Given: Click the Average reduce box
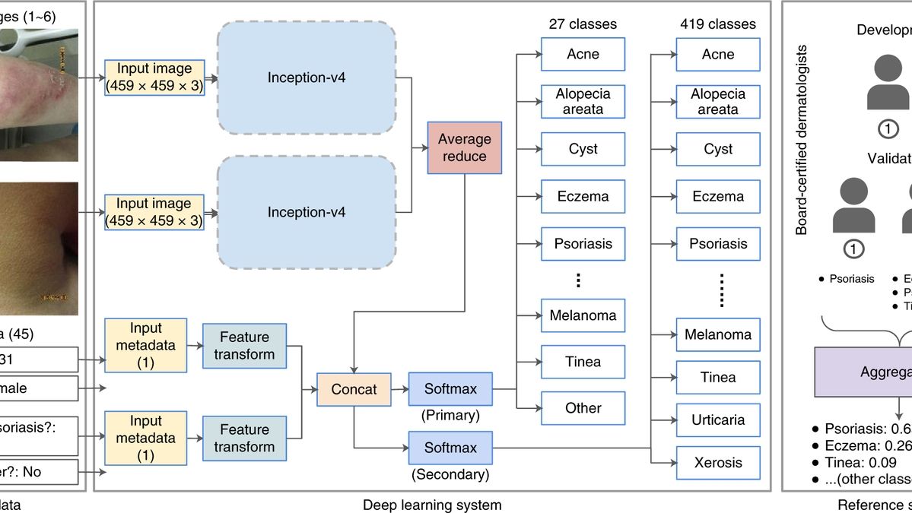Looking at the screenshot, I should (464, 147).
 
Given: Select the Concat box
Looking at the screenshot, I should (354, 389).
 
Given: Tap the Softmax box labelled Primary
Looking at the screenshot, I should (450, 389).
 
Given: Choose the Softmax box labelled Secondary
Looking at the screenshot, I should (450, 448).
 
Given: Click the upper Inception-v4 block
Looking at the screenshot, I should (307, 78).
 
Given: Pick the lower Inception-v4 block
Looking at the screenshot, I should (307, 212).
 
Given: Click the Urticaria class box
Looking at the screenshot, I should (718, 420).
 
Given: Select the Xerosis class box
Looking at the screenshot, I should (718, 462).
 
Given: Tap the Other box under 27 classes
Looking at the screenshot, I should (583, 408).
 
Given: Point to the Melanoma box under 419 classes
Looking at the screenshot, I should (718, 334).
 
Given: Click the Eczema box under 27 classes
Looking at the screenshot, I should (583, 196).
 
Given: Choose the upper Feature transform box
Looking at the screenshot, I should (243, 346).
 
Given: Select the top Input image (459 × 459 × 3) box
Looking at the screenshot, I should (154, 78).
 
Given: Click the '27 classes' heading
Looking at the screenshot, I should (583, 24).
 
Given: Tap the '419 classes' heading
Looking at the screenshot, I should (718, 24).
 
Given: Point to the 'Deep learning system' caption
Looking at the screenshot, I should (432, 504).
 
